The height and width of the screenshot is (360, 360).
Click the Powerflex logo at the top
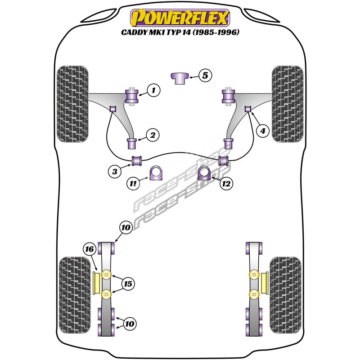tap(180, 18)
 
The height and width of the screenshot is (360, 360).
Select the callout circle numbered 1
tap(153, 91)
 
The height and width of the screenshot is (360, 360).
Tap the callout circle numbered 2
tap(153, 135)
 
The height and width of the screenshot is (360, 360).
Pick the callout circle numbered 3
tap(115, 171)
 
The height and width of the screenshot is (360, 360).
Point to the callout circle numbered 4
tap(262, 130)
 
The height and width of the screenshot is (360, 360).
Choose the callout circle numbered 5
tap(205, 76)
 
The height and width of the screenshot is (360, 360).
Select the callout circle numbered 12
tap(226, 183)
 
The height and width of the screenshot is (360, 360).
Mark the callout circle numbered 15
tap(128, 284)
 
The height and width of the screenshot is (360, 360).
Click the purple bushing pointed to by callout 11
tap(156, 173)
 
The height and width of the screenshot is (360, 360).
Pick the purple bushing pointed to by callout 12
tap(204, 173)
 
